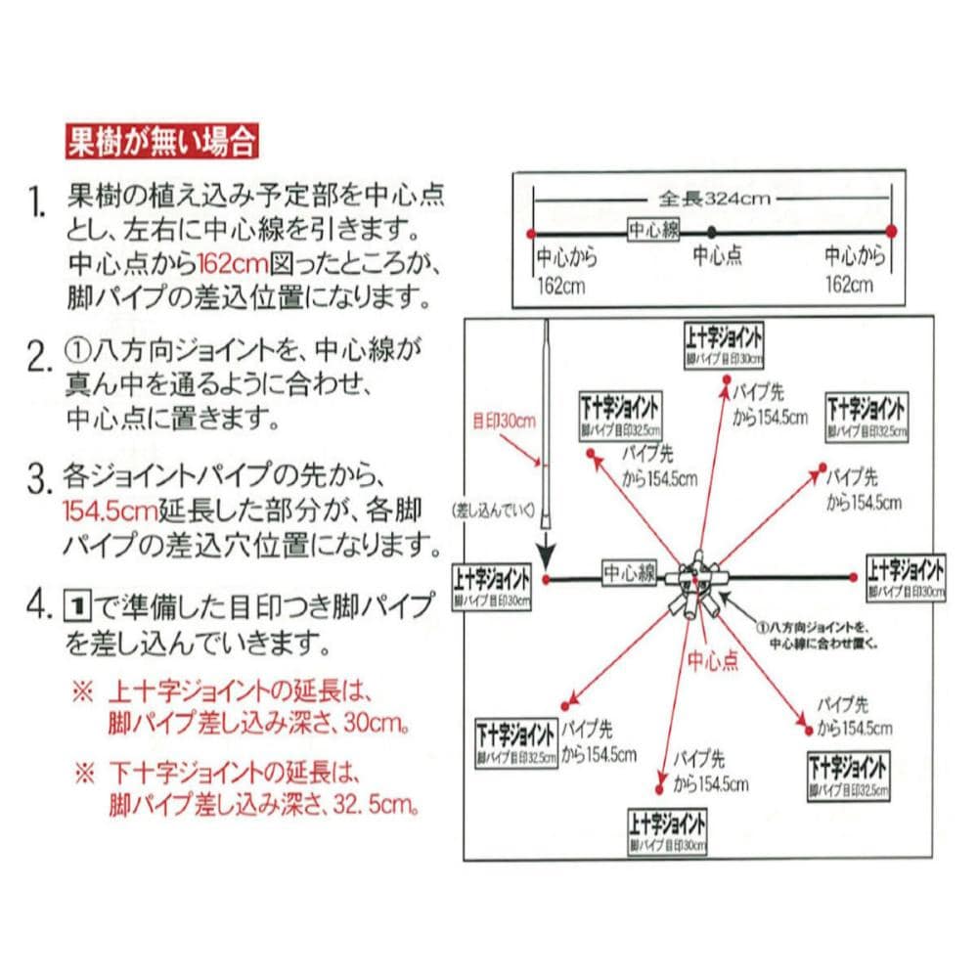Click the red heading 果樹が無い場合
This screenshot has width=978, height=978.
(x=161, y=143)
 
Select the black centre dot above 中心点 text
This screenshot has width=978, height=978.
(x=712, y=232)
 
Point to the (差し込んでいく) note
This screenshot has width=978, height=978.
(x=492, y=510)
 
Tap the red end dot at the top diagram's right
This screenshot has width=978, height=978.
(x=891, y=232)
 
